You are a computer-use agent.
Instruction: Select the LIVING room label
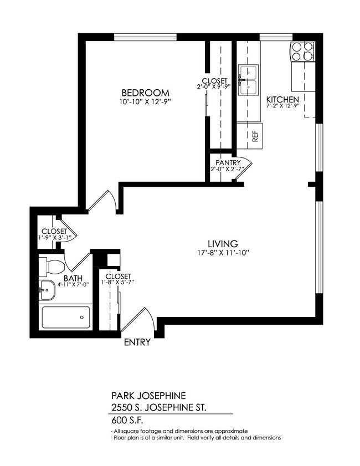pos(223,243)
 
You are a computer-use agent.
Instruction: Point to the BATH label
pos(73,278)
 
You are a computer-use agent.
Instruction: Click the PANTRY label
pos(228,163)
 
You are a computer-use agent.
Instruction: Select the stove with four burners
pos(302,52)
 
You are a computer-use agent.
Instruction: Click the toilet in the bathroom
pos(54,267)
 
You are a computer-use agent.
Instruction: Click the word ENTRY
pos(137,342)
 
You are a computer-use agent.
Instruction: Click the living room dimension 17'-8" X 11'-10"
pos(223,253)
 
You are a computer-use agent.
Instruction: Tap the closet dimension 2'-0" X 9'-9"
pos(214,88)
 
